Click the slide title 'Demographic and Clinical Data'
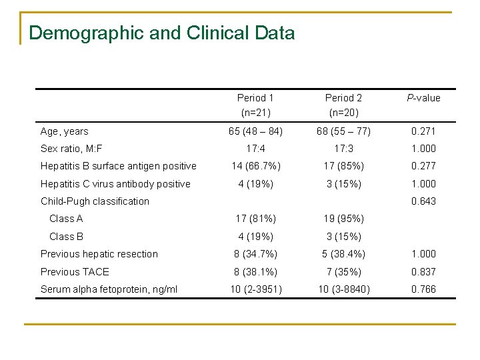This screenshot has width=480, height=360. click(162, 33)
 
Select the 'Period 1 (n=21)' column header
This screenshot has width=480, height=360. click(256, 105)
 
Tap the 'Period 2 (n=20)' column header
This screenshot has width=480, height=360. click(344, 105)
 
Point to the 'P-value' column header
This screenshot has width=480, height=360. click(423, 98)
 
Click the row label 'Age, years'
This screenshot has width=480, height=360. click(65, 131)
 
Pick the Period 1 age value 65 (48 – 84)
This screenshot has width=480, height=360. click(256, 131)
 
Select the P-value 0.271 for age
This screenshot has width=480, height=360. click(423, 131)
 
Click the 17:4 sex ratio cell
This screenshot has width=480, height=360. click(256, 149)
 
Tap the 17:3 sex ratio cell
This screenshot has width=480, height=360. click(344, 149)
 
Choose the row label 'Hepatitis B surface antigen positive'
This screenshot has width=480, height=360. click(119, 166)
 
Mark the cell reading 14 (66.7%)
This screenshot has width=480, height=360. click(256, 166)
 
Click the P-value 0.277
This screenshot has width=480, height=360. click(423, 166)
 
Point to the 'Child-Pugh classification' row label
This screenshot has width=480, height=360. click(95, 201)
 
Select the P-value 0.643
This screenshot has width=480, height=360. click(423, 201)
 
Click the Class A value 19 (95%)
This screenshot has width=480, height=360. click(344, 219)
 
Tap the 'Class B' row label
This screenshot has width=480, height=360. click(66, 236)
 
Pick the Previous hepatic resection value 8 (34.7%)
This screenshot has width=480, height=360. click(256, 254)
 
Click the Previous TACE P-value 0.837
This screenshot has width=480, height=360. click(423, 271)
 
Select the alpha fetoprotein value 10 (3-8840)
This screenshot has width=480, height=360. click(344, 289)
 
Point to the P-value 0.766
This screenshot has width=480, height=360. click(423, 289)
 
